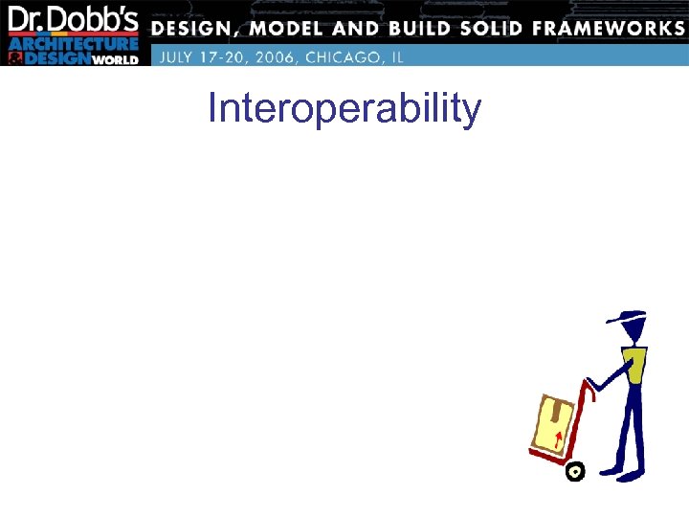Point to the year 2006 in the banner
coord(270,56)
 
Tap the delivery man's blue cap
coord(628,319)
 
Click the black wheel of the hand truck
coord(575,471)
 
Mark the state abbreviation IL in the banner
coord(396,56)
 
